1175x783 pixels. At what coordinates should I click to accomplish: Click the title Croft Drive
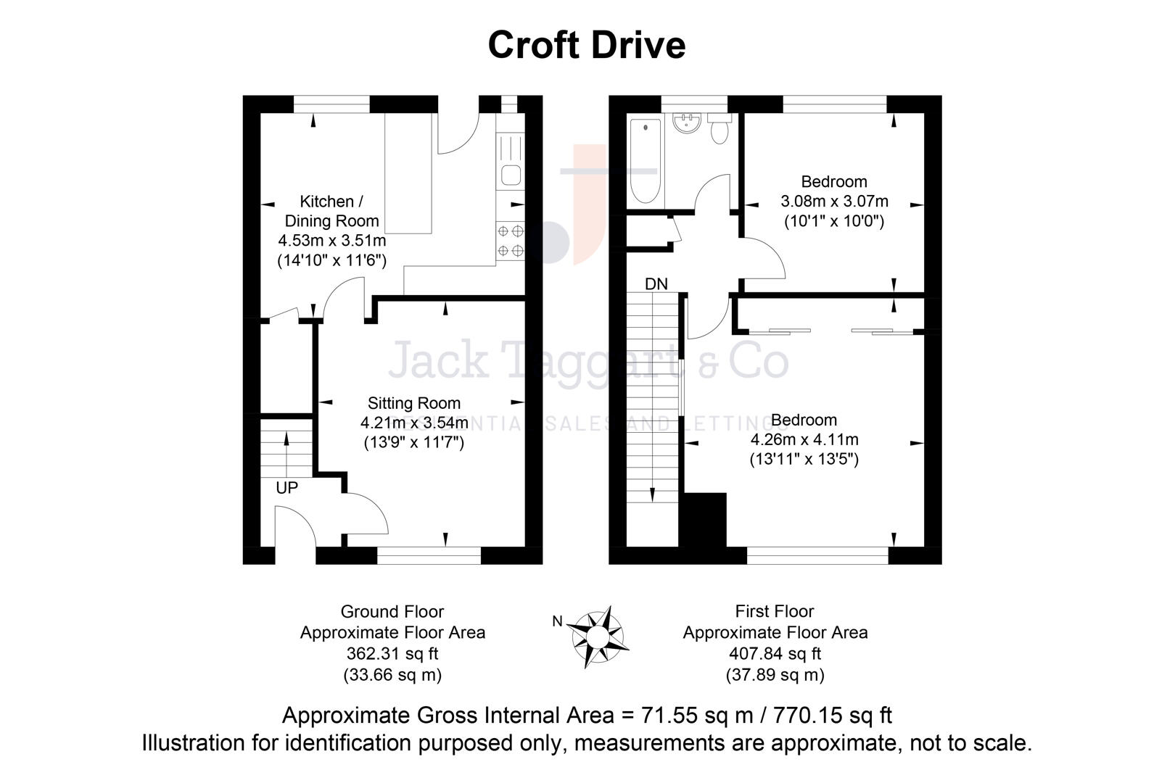tap(586, 45)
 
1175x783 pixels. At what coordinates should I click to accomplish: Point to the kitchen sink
tap(510, 175)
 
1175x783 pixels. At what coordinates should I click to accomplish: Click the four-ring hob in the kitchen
tap(510, 241)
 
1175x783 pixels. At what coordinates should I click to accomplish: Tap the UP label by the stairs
tap(286, 488)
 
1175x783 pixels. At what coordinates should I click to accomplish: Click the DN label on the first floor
tap(656, 284)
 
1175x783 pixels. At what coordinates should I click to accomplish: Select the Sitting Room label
tap(413, 403)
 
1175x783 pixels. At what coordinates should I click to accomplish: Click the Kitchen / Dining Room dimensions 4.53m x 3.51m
tap(331, 241)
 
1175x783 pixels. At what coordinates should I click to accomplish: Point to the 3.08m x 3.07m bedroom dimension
tap(834, 201)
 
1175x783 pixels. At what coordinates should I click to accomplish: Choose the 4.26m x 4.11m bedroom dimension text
tap(804, 439)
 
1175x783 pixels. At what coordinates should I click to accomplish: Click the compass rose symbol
tap(597, 636)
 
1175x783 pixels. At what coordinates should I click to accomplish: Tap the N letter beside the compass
tap(557, 621)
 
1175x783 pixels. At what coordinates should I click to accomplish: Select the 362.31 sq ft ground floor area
tap(392, 653)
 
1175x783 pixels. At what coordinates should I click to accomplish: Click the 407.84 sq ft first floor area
tap(775, 653)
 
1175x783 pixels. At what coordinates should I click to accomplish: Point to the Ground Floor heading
tap(392, 611)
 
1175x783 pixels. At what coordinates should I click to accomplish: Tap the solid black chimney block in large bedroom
tap(704, 528)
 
